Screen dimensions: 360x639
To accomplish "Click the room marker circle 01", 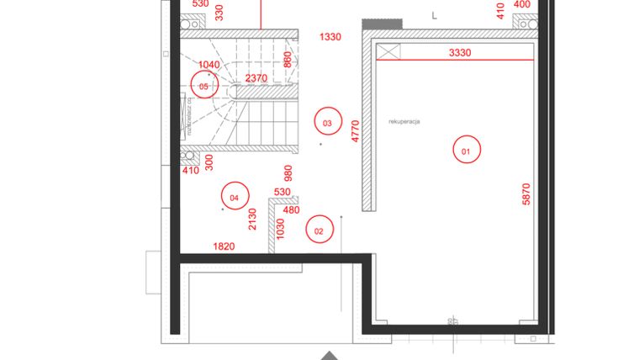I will [x=465, y=151].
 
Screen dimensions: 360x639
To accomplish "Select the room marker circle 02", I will [x=319, y=229].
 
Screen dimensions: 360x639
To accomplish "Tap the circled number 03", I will [x=327, y=122].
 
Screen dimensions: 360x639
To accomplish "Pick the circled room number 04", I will [x=235, y=198].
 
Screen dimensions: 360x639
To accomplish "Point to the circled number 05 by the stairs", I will [x=203, y=85].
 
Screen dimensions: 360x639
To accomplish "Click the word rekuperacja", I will [x=404, y=121].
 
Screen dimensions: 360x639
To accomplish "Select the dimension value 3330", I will [x=459, y=53].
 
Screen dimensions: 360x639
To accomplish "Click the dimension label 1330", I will [x=330, y=37].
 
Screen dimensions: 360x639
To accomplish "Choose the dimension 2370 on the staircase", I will [x=256, y=78].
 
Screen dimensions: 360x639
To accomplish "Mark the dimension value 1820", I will [x=223, y=246].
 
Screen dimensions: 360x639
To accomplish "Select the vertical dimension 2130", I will [x=252, y=219].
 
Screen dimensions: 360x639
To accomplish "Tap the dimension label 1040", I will [x=209, y=65].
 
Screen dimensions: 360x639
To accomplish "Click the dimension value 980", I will [x=288, y=173].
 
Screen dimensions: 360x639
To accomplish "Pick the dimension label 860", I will [x=288, y=60].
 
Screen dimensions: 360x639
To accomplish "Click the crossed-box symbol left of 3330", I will [x=388, y=53].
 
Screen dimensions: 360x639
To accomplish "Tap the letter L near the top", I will [x=434, y=15].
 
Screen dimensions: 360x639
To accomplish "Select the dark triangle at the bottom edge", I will [x=330, y=355].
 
